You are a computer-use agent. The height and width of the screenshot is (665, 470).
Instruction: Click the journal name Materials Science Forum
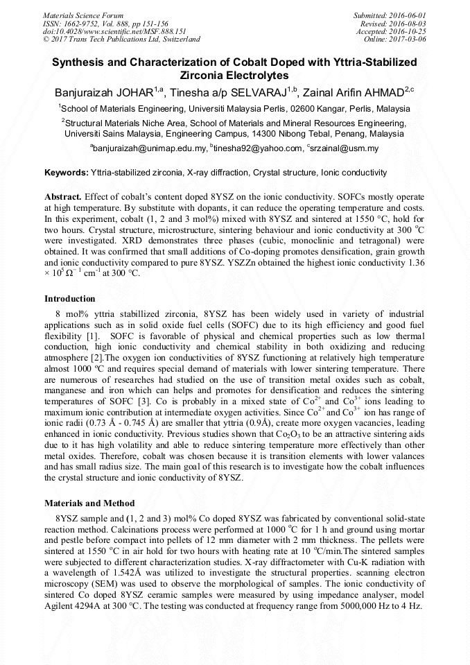click(83, 15)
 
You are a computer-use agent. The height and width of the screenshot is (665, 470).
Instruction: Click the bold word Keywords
click(67, 173)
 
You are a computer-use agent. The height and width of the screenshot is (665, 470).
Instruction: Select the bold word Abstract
click(63, 197)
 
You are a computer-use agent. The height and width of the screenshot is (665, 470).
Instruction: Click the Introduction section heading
click(70, 299)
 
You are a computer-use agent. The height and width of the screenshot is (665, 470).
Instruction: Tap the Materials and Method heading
click(89, 503)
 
